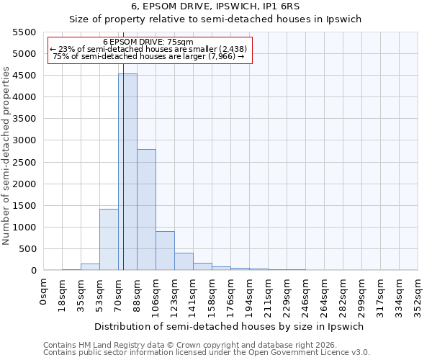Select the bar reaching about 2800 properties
[146, 210]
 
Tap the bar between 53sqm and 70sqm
[109, 239]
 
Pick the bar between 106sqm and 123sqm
[165, 251]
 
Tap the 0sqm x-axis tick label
[44, 292]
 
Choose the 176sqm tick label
[230, 296]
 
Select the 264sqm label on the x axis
[324, 296]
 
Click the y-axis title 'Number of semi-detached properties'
[6, 155]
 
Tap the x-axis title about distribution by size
[230, 326]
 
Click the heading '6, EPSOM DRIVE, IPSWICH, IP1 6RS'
[216, 7]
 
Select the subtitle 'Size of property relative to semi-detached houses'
[216, 20]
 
